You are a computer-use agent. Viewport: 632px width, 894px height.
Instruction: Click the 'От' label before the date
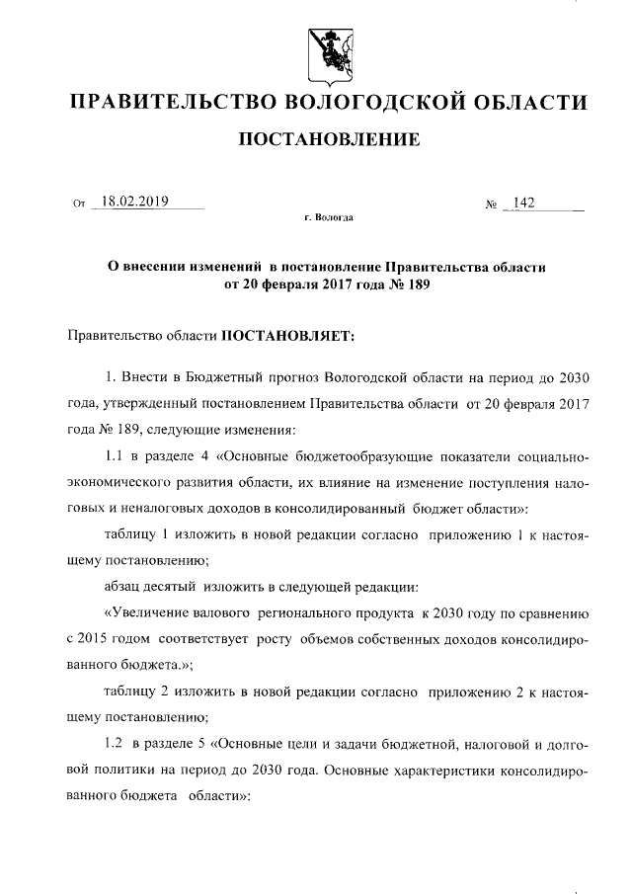(80, 205)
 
